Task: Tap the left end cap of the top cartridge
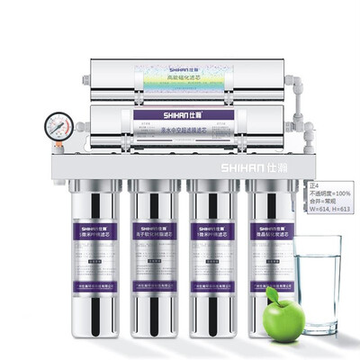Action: point(96,78)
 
